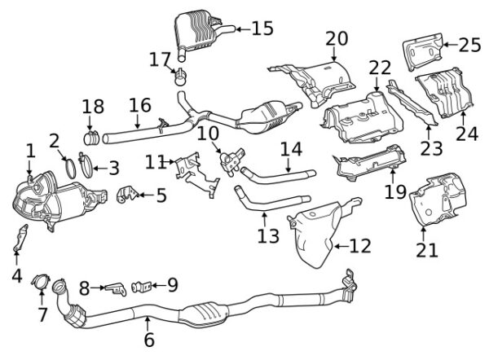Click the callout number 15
(x=262, y=29)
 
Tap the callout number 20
(x=337, y=38)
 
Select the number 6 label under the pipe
(x=149, y=339)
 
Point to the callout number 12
(x=360, y=246)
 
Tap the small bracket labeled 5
(x=127, y=195)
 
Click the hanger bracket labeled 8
(x=116, y=289)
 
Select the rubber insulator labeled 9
(x=142, y=287)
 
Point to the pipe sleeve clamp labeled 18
(x=91, y=138)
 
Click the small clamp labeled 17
(x=180, y=77)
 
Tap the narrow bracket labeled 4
(x=20, y=238)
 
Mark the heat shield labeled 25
(x=424, y=51)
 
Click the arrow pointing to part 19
(x=392, y=176)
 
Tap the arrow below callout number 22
(x=377, y=84)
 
